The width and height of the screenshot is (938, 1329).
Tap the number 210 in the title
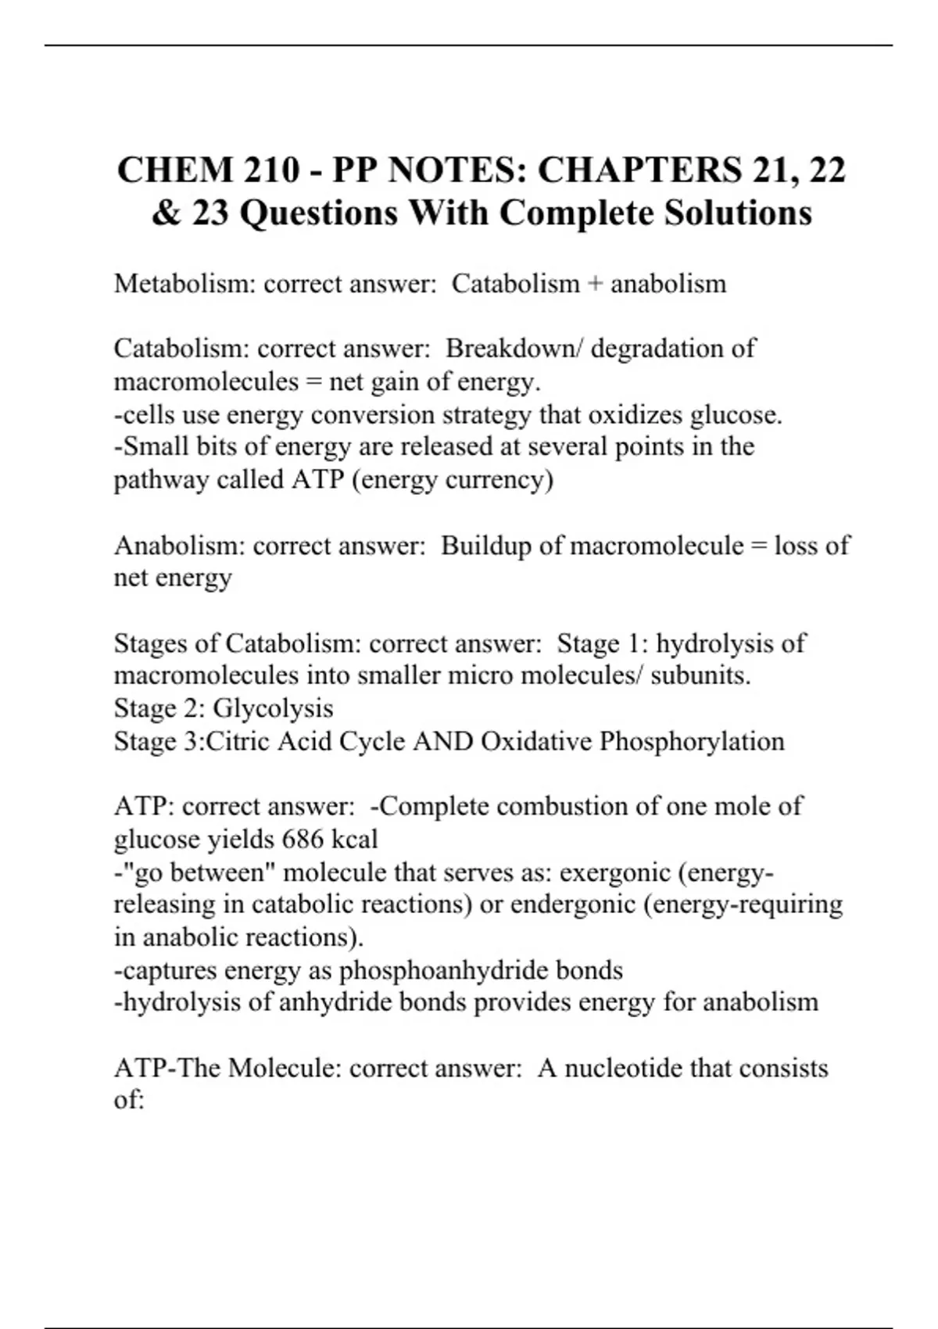[x=270, y=170]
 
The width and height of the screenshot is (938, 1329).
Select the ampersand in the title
[x=166, y=213]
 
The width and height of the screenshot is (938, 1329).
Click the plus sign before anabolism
[x=595, y=284]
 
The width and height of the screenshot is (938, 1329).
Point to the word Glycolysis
[x=273, y=708]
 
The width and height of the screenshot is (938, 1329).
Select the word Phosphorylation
[x=692, y=741]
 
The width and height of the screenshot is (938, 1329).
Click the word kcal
[x=355, y=840]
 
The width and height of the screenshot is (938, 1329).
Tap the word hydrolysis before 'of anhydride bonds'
[x=181, y=1002]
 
